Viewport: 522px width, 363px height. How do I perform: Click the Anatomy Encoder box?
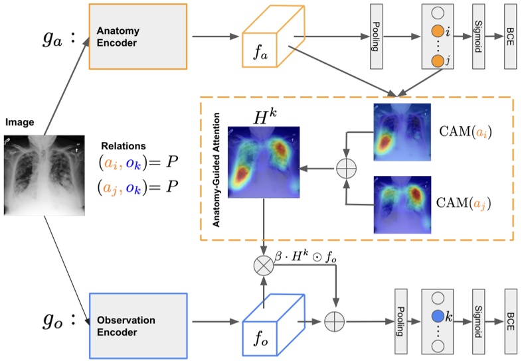tap(139, 37)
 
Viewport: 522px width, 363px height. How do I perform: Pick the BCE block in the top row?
tap(510, 36)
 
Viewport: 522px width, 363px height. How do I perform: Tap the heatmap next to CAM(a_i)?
tap(402, 133)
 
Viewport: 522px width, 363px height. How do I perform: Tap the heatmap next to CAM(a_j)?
tap(402, 204)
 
